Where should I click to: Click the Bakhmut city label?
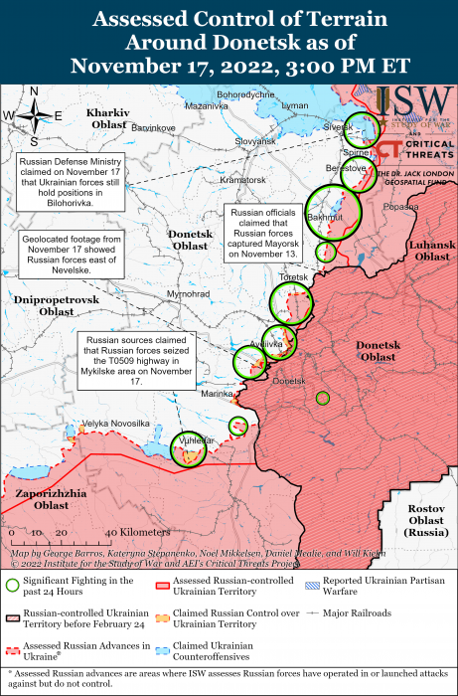(325, 216)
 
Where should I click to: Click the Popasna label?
(400, 206)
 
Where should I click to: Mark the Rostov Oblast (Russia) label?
(425, 521)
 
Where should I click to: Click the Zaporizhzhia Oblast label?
(52, 499)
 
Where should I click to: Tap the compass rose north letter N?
(33, 91)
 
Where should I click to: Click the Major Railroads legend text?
(358, 612)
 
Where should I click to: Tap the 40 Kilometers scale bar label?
(131, 533)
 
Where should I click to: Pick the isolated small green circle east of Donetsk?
(322, 398)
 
